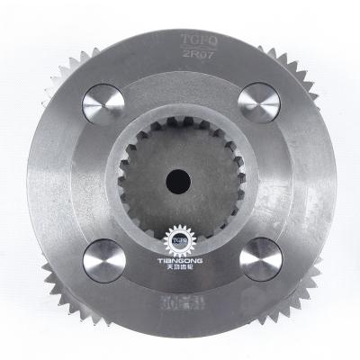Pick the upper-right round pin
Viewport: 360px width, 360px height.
(x=259, y=102)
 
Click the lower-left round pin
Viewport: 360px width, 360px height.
(x=104, y=261)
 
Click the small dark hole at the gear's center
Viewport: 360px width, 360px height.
(x=183, y=177)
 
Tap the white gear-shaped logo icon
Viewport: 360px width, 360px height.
(x=180, y=239)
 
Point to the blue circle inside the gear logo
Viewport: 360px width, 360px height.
(x=180, y=239)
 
